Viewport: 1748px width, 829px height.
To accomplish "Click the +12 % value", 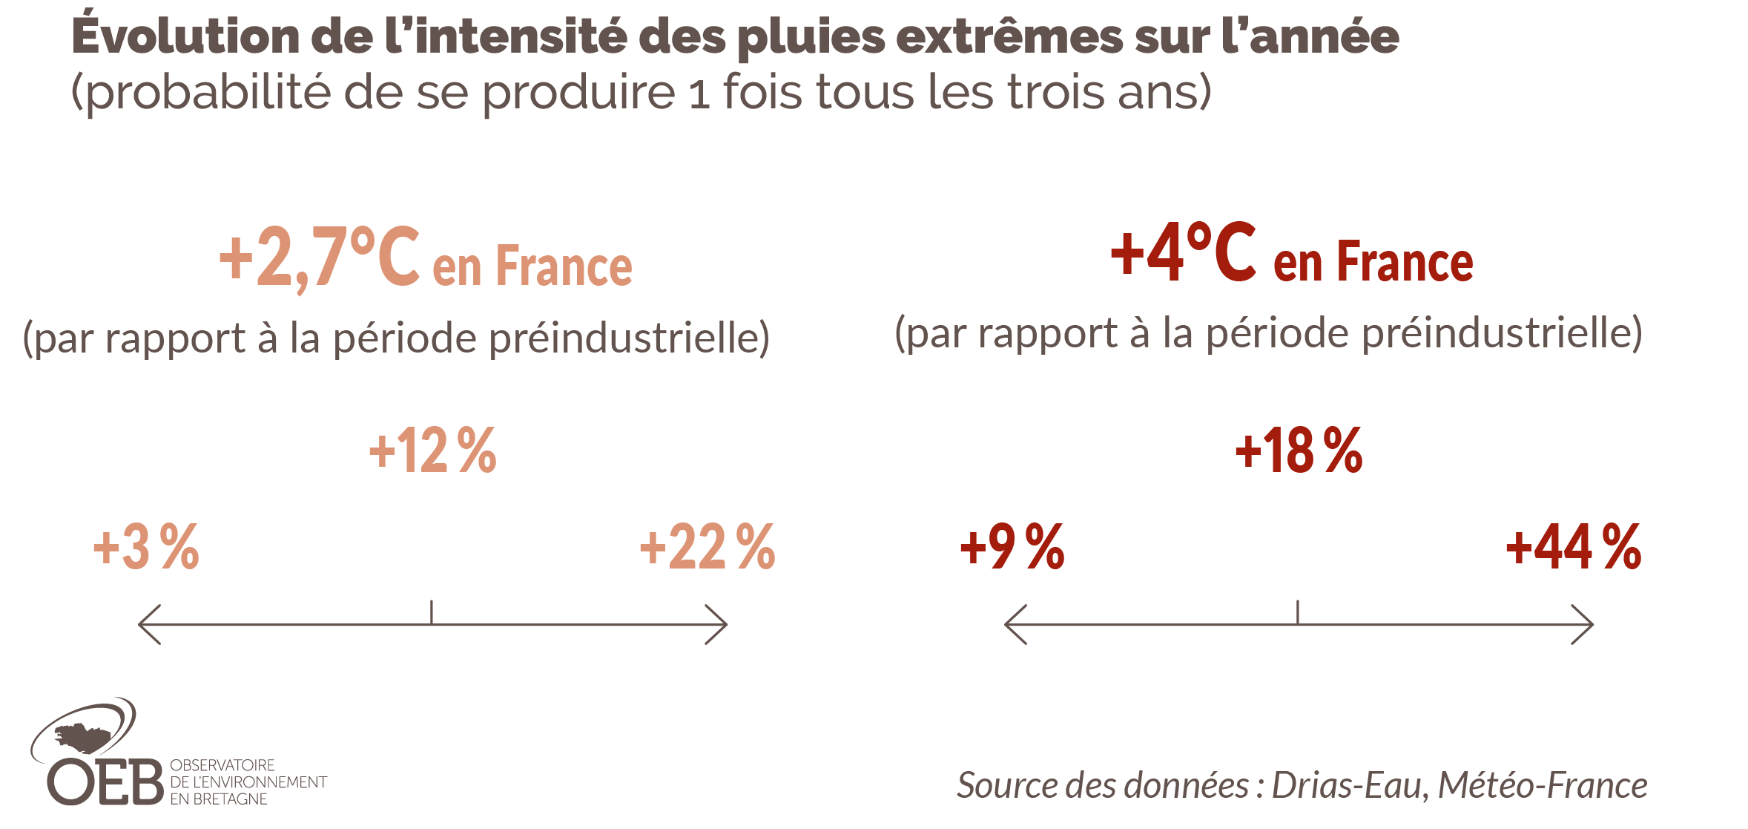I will tap(432, 450).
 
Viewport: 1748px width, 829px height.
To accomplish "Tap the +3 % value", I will tap(146, 548).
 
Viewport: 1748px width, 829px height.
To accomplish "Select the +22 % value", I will tap(707, 548).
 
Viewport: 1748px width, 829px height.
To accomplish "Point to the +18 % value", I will tap(1299, 450).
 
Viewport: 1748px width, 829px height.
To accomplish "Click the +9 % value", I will tap(1012, 548).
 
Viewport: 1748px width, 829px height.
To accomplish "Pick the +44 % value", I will tap(1573, 548).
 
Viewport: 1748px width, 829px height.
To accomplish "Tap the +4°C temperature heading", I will tap(1184, 254).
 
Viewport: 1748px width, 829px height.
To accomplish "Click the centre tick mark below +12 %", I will tap(432, 612).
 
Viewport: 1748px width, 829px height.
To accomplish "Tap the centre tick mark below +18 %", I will tap(1298, 612).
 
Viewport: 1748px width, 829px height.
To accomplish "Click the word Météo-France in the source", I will tap(1543, 786).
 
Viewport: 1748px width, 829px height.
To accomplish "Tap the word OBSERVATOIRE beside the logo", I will tap(222, 765).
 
